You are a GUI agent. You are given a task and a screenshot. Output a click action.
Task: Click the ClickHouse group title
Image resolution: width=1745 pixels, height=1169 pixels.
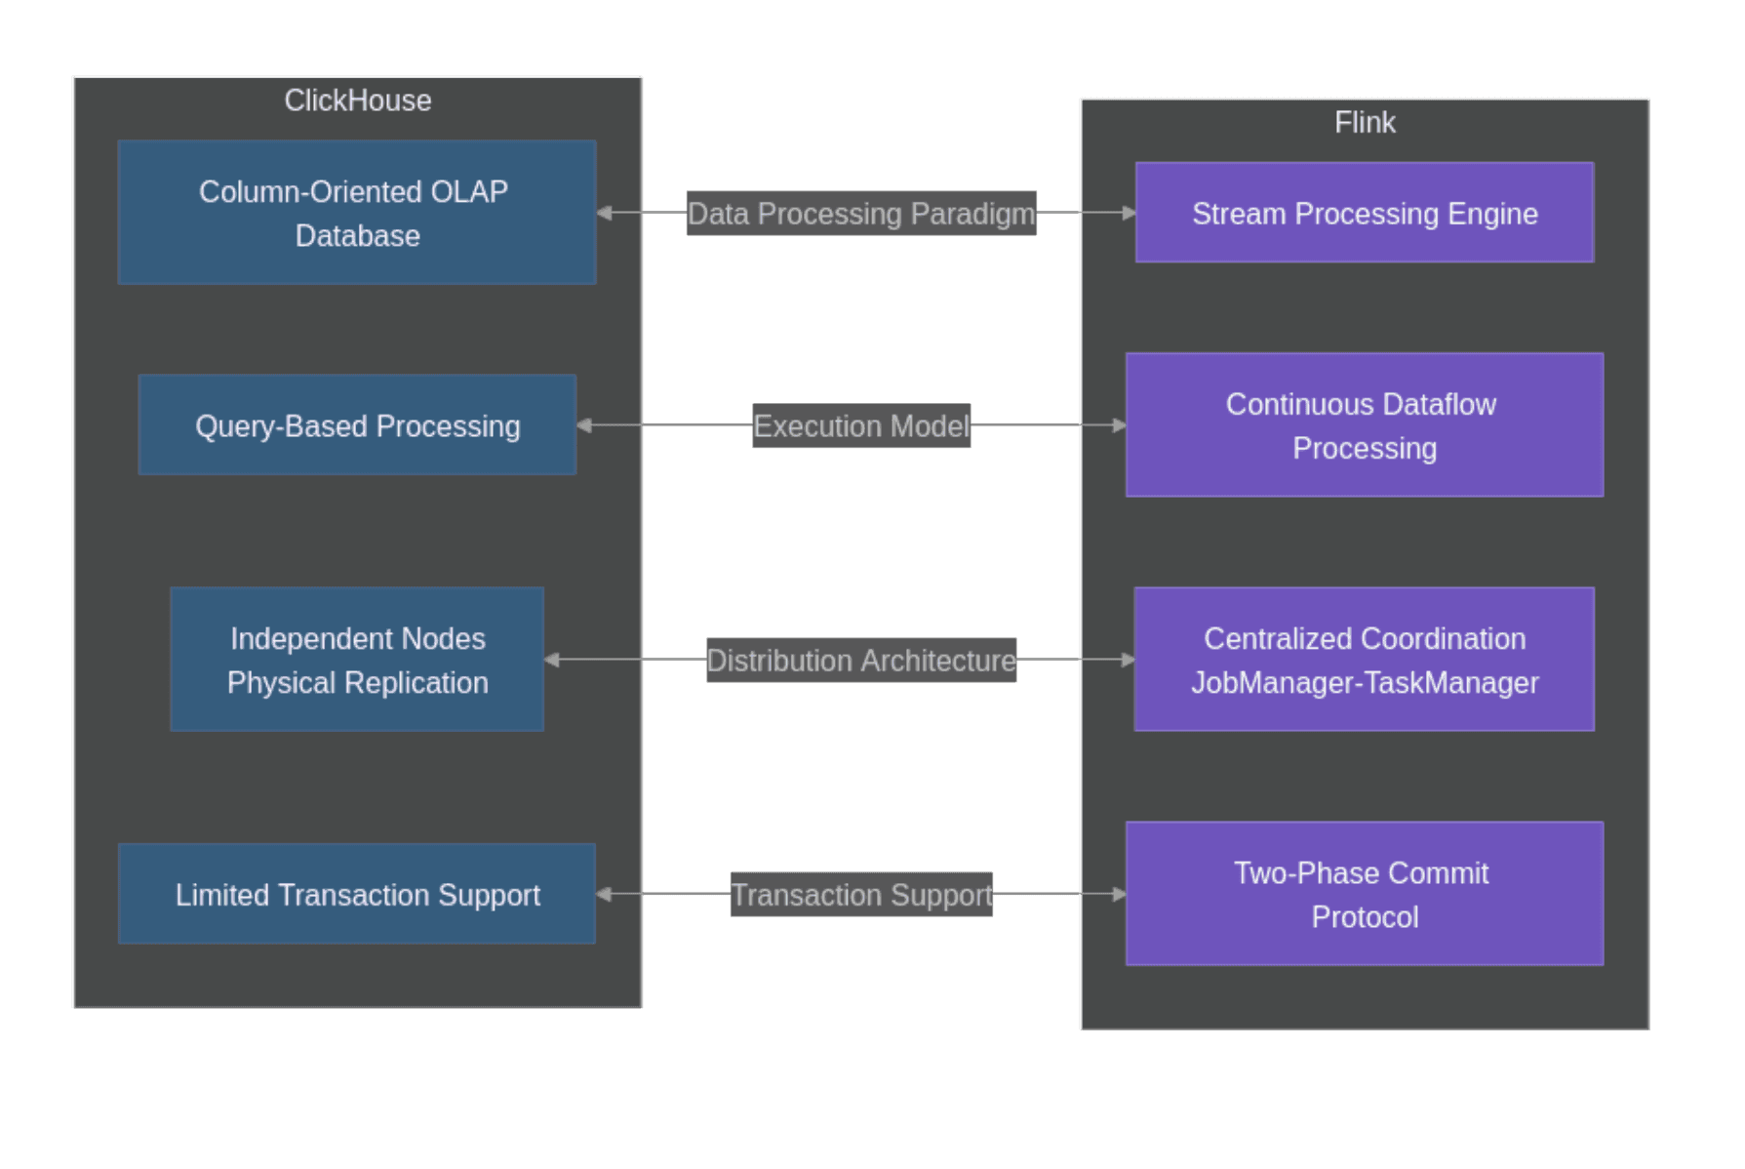(357, 101)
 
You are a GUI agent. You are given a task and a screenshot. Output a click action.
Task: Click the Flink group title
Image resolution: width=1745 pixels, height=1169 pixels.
(1364, 122)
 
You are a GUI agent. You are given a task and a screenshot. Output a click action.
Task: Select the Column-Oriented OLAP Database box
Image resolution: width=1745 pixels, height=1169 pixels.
(357, 212)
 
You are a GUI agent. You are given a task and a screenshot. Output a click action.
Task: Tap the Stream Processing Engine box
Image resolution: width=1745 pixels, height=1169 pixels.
(1364, 213)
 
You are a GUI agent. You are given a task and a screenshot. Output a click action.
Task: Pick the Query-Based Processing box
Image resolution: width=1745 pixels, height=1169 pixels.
(357, 425)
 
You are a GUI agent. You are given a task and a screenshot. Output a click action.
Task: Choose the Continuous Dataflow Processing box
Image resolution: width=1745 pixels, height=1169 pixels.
(1364, 425)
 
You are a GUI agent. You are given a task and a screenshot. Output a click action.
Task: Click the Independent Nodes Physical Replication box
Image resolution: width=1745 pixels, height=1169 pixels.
(357, 660)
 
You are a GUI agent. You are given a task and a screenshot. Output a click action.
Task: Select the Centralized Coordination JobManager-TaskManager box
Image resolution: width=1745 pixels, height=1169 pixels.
(1364, 660)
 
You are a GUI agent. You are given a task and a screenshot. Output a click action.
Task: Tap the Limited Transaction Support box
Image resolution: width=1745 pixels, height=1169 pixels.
(357, 894)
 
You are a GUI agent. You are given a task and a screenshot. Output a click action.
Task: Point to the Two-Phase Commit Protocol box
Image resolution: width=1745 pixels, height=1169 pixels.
(1364, 894)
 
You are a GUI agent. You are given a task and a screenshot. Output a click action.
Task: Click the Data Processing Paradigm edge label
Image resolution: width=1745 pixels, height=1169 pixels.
(860, 213)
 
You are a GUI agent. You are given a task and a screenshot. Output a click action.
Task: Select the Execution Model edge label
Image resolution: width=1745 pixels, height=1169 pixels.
(860, 425)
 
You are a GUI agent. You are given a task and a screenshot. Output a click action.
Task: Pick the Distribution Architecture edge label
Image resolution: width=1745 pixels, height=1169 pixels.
(860, 660)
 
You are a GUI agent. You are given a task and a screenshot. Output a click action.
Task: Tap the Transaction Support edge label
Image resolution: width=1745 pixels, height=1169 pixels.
(860, 894)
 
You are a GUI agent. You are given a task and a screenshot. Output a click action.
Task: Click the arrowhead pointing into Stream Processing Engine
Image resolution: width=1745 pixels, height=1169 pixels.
(1129, 213)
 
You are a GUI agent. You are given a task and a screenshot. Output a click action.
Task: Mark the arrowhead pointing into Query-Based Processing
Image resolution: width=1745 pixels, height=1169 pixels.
(584, 425)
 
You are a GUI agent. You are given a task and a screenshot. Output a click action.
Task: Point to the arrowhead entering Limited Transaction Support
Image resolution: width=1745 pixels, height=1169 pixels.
(604, 894)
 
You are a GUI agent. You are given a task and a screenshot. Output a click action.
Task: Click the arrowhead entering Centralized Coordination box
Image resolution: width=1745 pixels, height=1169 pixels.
(1128, 660)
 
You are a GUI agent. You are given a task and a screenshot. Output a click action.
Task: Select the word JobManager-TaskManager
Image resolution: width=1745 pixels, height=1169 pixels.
(1364, 682)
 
